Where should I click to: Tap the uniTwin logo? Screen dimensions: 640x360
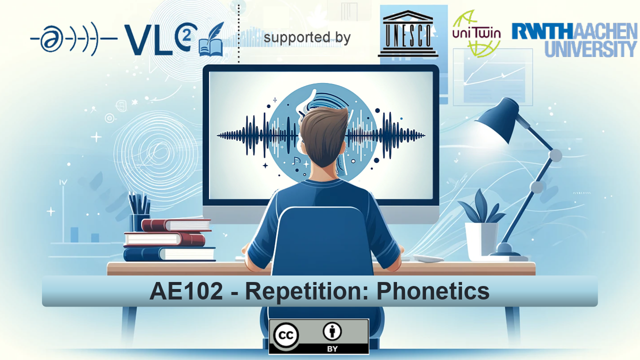tap(476, 33)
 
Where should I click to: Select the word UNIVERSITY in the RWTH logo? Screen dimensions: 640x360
tap(591, 49)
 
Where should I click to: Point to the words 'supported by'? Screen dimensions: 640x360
tap(307, 37)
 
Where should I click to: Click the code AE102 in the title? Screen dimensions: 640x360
tap(186, 291)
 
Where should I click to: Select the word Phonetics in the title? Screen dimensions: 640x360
tap(433, 291)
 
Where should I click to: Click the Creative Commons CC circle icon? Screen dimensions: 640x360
tap(285, 335)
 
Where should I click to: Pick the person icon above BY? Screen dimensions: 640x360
tap(332, 331)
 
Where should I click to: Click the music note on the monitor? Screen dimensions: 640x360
tap(295, 161)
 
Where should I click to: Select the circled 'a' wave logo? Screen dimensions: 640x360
tap(73, 39)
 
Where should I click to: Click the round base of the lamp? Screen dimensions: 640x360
tap(505, 249)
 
